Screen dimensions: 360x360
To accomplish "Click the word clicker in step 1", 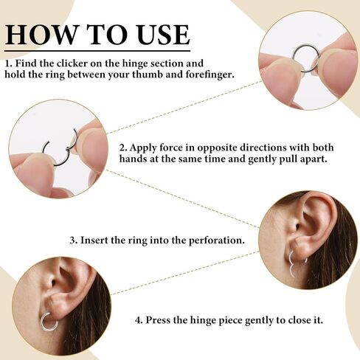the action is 72,63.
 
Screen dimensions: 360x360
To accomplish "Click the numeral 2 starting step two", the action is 122,148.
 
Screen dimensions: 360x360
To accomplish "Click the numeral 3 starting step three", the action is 73,240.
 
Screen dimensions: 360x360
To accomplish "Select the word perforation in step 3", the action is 217,240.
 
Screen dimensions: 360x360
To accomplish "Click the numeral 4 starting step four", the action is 138,320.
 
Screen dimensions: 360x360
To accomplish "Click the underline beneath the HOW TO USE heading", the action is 97,52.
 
